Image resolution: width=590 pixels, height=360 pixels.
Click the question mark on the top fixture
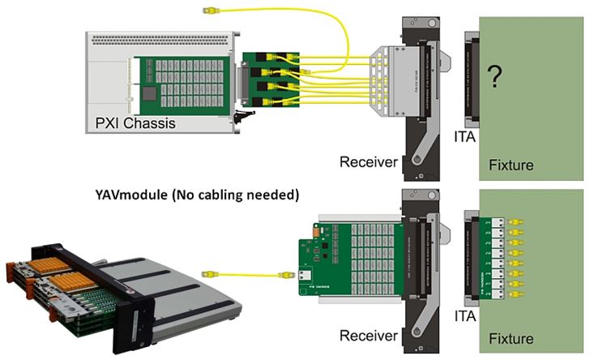point(495,79)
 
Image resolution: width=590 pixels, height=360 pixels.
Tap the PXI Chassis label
point(129,123)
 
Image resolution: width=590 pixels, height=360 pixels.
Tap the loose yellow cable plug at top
point(208,11)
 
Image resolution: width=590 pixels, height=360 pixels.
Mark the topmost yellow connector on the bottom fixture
point(515,221)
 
